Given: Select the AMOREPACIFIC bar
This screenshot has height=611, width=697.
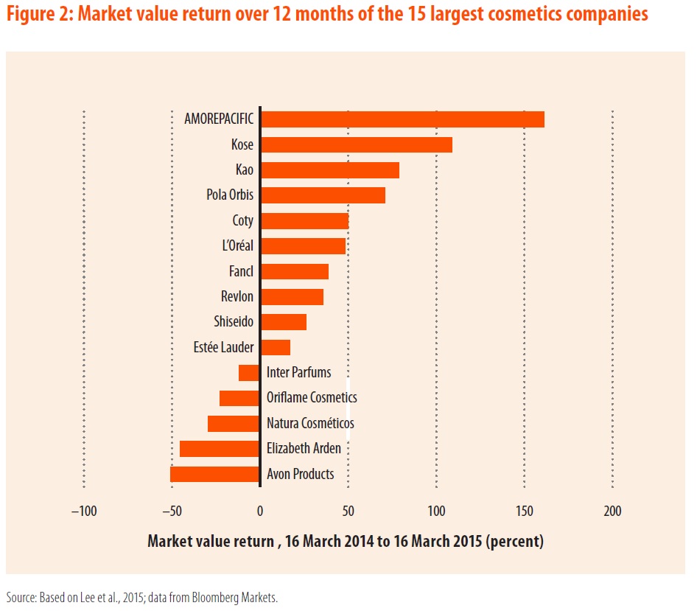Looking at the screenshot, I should pos(402,119).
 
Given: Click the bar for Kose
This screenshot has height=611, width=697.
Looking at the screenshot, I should pos(357,144).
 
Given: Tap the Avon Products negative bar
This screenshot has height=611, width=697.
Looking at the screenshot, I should pos(215,474).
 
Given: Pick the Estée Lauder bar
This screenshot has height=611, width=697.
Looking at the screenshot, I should pos(276,347).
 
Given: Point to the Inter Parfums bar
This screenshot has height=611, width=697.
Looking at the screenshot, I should pos(249,373).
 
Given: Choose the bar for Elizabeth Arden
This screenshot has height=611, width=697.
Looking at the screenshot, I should pos(220,449).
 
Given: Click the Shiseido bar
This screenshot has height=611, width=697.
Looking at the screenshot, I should pos(284,322).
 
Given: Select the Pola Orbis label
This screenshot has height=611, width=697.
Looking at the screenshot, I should pos(230,195).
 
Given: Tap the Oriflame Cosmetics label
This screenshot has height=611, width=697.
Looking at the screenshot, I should pos(312,398).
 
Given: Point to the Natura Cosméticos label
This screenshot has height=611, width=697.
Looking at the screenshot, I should pos(310,423).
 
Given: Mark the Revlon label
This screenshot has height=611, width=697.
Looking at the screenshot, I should pos(237,296).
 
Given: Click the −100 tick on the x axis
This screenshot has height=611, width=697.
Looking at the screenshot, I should pos(83,511).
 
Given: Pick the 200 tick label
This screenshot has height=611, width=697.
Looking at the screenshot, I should pos(612,511).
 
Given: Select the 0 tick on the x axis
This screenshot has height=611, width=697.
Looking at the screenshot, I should pos(260,511).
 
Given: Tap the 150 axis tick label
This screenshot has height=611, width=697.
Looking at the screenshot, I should pos(524,511).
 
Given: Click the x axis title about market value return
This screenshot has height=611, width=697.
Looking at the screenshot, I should pos(346,542).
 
